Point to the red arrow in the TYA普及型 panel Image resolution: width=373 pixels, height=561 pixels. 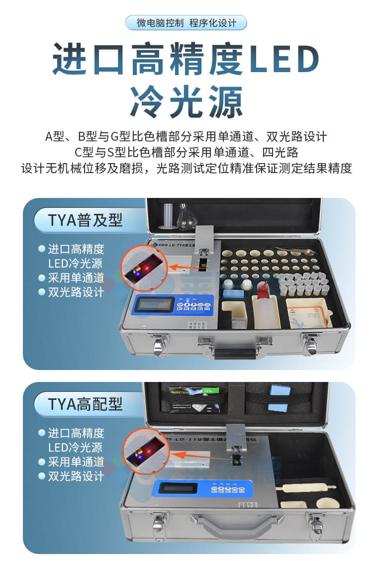[181, 267]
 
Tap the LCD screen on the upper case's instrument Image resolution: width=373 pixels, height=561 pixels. [154, 304]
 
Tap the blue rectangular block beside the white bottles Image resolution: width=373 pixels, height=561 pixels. [234, 293]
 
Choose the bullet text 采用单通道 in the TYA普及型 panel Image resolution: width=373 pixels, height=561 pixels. [76, 278]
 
